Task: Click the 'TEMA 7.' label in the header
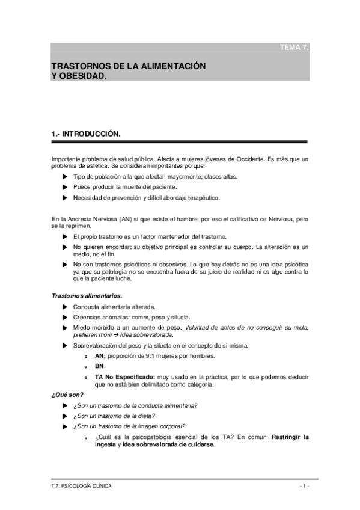click(294, 48)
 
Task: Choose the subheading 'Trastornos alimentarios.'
click(87, 296)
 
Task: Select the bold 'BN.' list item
click(100, 366)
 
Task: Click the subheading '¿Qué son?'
click(67, 395)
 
